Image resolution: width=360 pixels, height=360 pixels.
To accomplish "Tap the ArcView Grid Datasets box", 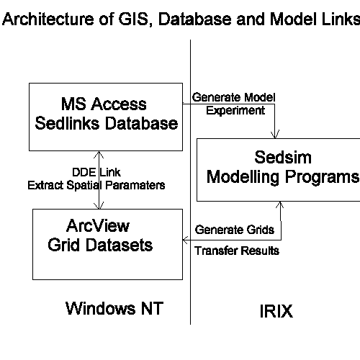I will pos(107,243).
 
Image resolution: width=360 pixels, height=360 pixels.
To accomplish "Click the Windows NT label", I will pos(115,309).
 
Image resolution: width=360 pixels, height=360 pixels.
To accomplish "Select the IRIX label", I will pos(276,312).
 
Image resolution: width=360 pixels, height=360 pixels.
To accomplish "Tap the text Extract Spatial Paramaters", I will pos(96,185).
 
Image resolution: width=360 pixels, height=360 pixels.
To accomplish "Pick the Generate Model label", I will pos(233,97).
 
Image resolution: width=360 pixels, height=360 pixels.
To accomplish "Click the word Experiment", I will pos(235,110).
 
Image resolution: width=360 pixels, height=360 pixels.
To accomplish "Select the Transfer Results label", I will pos(238,251).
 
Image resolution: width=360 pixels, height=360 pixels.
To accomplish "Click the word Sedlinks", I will pos(76,123).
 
